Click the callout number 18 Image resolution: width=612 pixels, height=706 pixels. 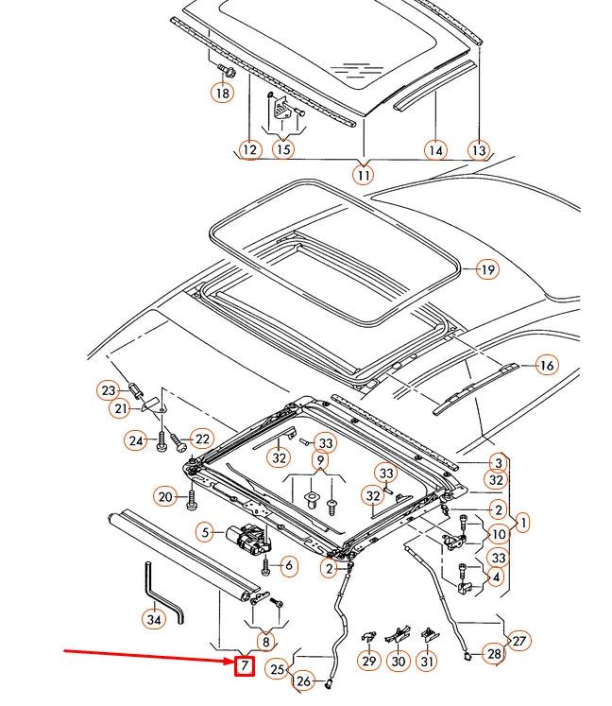pyautogui.click(x=222, y=93)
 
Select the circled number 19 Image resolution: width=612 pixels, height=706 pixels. pyautogui.click(x=485, y=270)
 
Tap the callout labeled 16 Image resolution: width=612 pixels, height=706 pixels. pyautogui.click(x=545, y=365)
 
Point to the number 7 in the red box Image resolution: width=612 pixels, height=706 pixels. pyautogui.click(x=244, y=666)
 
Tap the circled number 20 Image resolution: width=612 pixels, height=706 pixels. pyautogui.click(x=165, y=496)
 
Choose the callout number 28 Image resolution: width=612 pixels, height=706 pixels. pyautogui.click(x=493, y=653)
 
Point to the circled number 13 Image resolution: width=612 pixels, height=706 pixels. pyautogui.click(x=479, y=149)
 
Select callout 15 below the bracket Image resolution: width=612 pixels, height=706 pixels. pyautogui.click(x=282, y=148)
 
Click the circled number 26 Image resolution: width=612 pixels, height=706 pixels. pyautogui.click(x=303, y=680)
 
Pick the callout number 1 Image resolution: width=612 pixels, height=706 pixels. pyautogui.click(x=522, y=521)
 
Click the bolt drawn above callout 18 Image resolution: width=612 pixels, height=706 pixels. pyautogui.click(x=226, y=70)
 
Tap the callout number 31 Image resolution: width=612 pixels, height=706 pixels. pyautogui.click(x=428, y=663)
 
